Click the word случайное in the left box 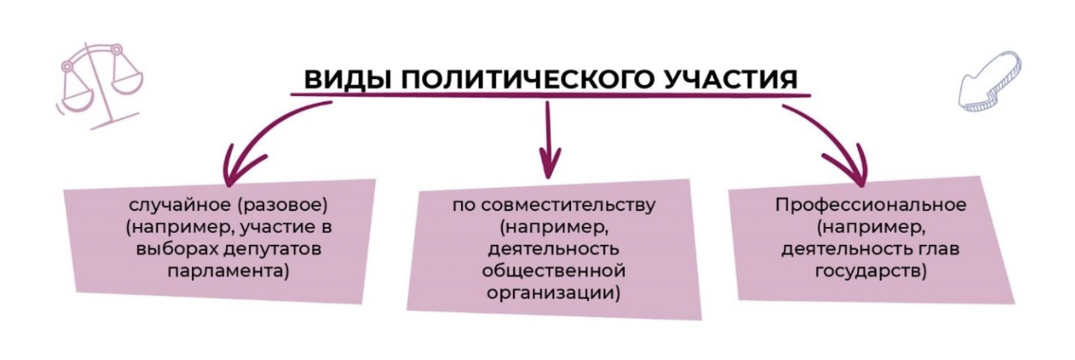165,204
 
